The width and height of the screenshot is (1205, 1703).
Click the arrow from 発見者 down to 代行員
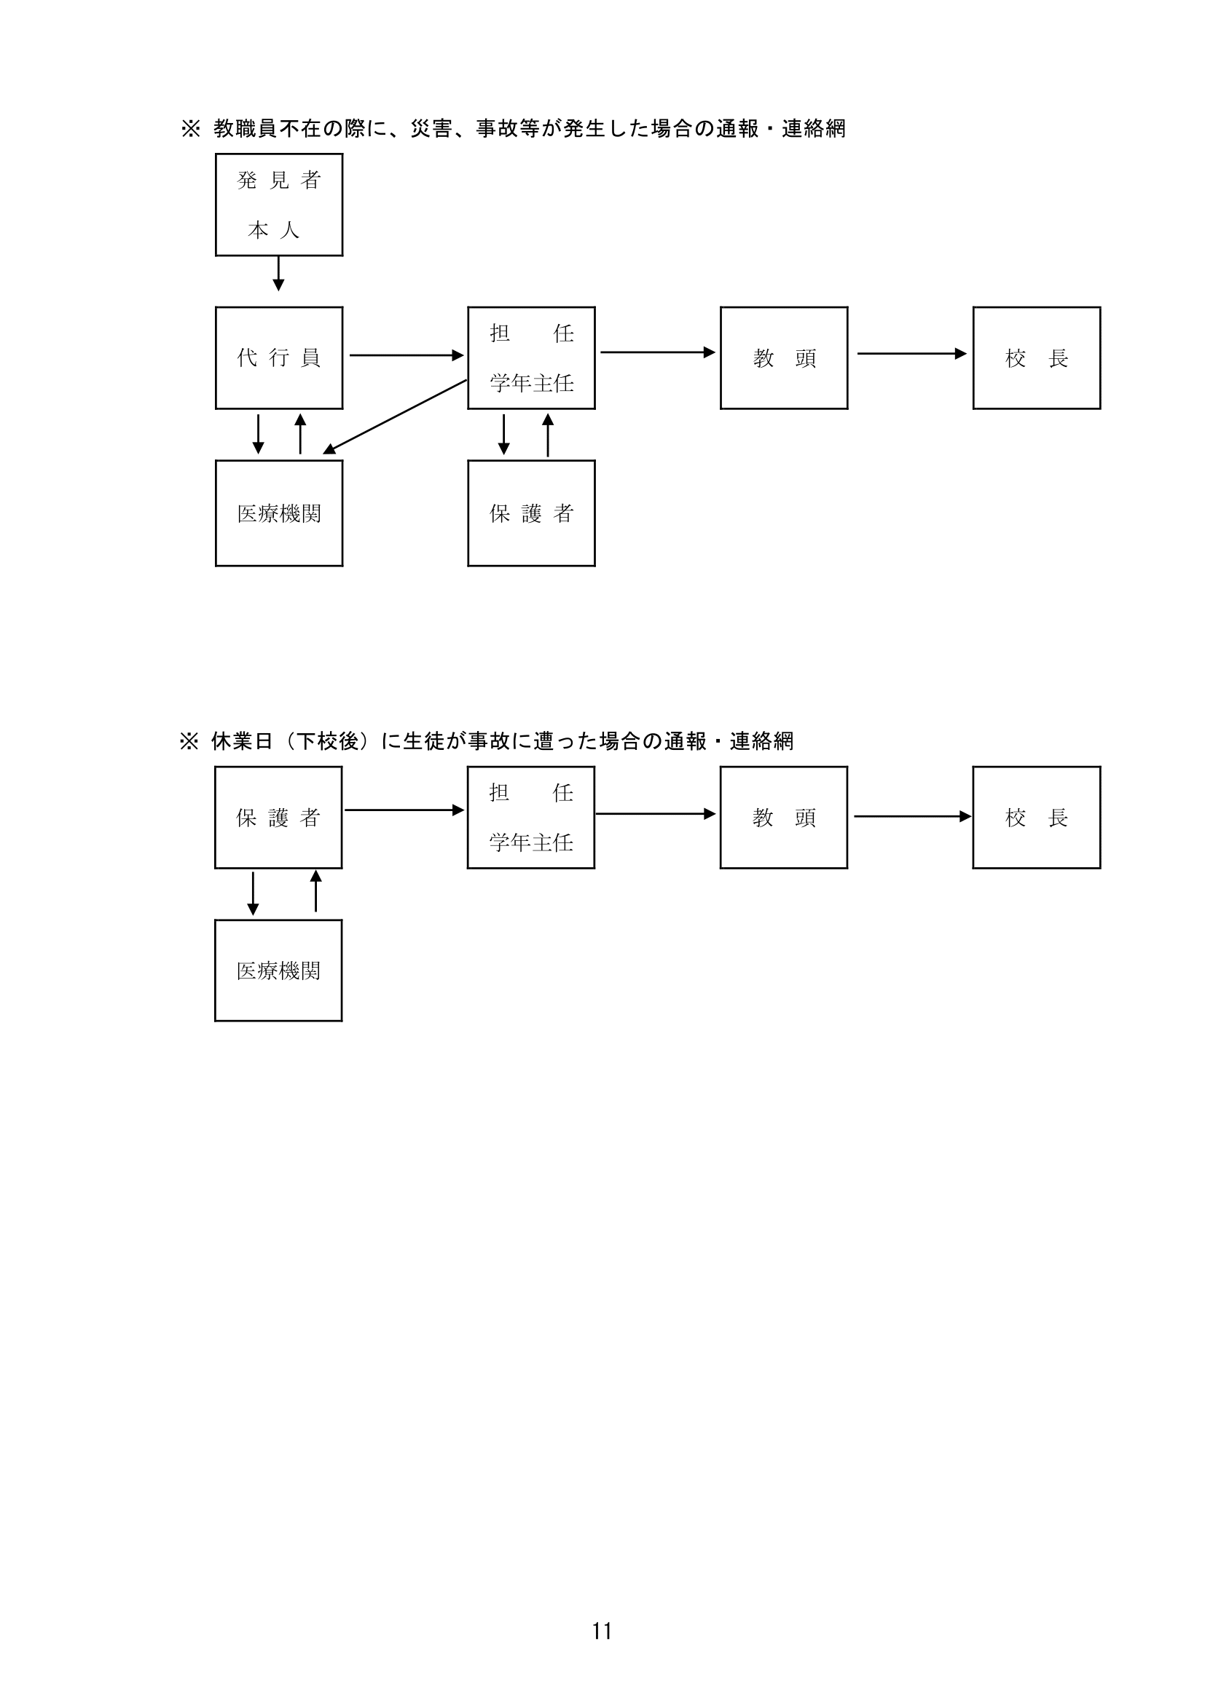coord(278,274)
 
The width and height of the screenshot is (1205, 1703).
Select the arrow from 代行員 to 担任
coord(407,355)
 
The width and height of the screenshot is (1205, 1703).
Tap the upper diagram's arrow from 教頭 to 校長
coord(912,354)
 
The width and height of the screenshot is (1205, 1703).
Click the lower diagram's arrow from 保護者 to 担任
coord(404,810)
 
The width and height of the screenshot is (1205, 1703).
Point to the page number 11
coord(602,1631)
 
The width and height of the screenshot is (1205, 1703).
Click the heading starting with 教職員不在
coord(530,128)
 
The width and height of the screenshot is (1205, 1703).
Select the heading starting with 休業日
coord(503,741)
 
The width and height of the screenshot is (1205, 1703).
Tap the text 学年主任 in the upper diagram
coord(531,384)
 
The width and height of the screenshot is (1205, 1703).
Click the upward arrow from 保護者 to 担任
coord(548,435)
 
